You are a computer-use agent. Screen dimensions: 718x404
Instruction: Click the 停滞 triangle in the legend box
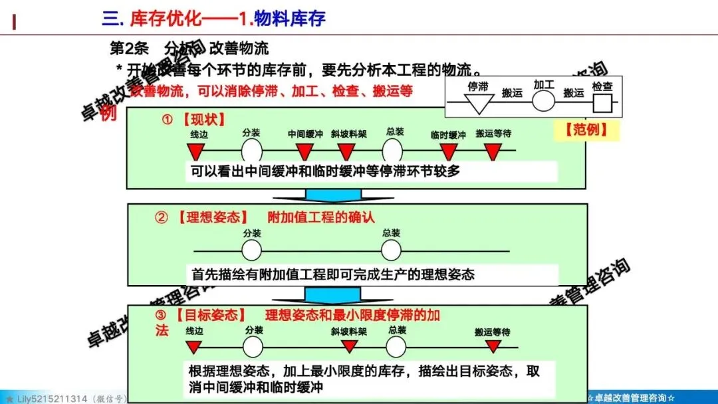[479, 103]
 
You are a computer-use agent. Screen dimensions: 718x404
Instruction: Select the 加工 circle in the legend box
[543, 102]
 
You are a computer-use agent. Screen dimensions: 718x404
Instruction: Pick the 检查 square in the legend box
[602, 103]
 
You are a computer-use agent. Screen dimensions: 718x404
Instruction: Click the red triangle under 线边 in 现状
[194, 152]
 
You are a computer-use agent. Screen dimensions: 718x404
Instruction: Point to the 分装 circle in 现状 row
[251, 150]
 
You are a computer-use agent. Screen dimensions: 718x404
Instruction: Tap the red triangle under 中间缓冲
[305, 152]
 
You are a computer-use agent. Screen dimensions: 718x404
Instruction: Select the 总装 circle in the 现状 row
[393, 150]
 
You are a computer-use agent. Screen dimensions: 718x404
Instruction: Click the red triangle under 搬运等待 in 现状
[493, 152]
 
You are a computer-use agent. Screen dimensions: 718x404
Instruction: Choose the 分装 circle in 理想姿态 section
[251, 251]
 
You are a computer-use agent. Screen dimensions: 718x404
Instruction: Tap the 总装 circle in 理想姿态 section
[392, 251]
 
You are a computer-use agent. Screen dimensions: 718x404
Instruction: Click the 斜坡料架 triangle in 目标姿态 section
[349, 347]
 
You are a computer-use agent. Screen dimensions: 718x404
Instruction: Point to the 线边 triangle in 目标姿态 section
[194, 347]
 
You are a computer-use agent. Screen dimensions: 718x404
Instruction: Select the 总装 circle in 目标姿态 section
[396, 347]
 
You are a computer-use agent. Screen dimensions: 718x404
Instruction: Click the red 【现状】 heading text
[203, 120]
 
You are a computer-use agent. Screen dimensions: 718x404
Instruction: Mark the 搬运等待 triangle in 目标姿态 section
[493, 347]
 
